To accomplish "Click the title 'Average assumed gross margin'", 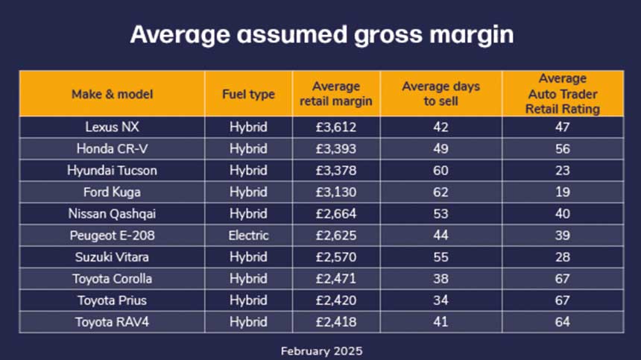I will point(321,34).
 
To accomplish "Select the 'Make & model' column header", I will point(112,94).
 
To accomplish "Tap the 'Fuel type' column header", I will point(248,94).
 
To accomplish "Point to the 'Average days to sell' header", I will point(441,94).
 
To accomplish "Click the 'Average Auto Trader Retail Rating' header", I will point(563,94).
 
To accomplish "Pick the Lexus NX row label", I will point(112,127).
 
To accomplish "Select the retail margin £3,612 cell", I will point(336,127).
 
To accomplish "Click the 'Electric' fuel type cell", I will point(248,236).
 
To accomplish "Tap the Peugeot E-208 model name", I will point(112,236).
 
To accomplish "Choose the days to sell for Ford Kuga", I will point(441,192).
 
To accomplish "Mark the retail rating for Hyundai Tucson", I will point(563,170).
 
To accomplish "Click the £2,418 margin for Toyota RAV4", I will point(336,322).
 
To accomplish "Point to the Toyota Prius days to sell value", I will point(441,300).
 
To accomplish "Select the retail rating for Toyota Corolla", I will point(563,279).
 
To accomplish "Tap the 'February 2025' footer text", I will point(321,350).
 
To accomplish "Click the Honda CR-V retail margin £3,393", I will point(336,148).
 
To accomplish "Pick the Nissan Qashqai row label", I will point(112,214).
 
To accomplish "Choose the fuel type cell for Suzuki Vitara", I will point(248,257).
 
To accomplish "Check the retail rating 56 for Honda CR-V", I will point(563,148).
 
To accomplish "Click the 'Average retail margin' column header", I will point(336,94).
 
